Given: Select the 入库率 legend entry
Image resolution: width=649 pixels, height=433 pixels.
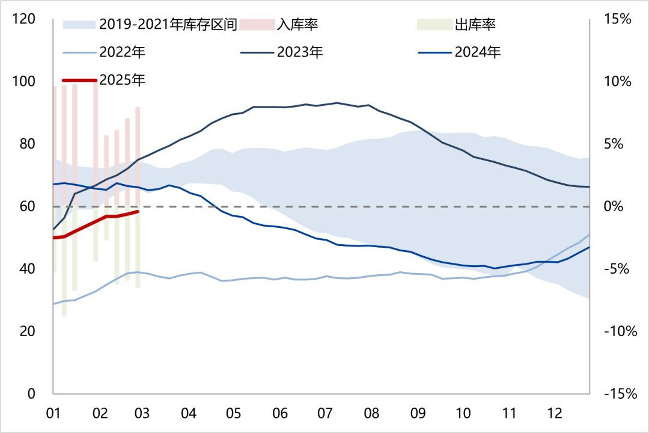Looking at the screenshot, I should click(x=297, y=25).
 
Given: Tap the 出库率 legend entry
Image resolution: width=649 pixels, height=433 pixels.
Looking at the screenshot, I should click(x=475, y=25).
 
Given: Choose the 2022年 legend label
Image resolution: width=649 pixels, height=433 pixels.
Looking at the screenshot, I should click(x=123, y=52).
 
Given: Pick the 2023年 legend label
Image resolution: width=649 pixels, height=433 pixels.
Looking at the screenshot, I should click(x=300, y=52).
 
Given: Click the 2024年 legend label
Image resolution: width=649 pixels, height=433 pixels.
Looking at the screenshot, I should click(x=478, y=52).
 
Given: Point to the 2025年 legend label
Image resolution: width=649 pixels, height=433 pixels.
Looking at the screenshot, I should click(x=123, y=80).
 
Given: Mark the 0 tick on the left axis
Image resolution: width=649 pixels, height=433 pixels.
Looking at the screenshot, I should click(x=31, y=394).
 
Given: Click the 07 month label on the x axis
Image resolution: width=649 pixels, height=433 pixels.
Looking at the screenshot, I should click(x=325, y=414).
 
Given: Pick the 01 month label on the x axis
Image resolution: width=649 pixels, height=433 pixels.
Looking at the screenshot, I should click(x=53, y=414).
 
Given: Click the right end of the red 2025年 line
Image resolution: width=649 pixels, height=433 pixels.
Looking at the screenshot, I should click(x=138, y=211).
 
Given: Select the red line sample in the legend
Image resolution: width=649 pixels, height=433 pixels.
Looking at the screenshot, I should click(x=79, y=80).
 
